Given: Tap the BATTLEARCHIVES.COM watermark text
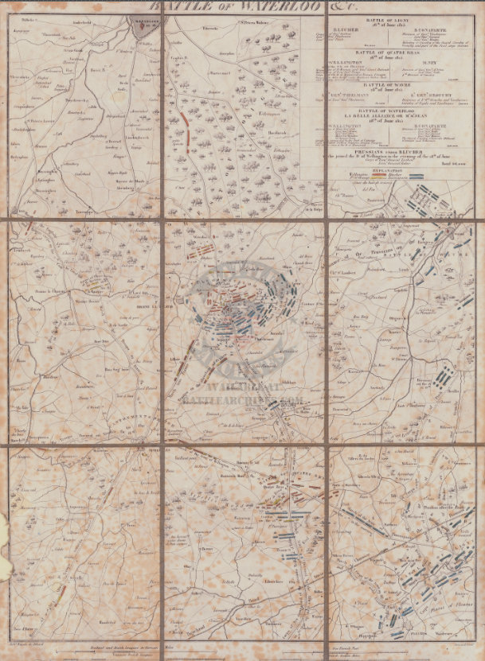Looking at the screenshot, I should click(242, 402).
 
